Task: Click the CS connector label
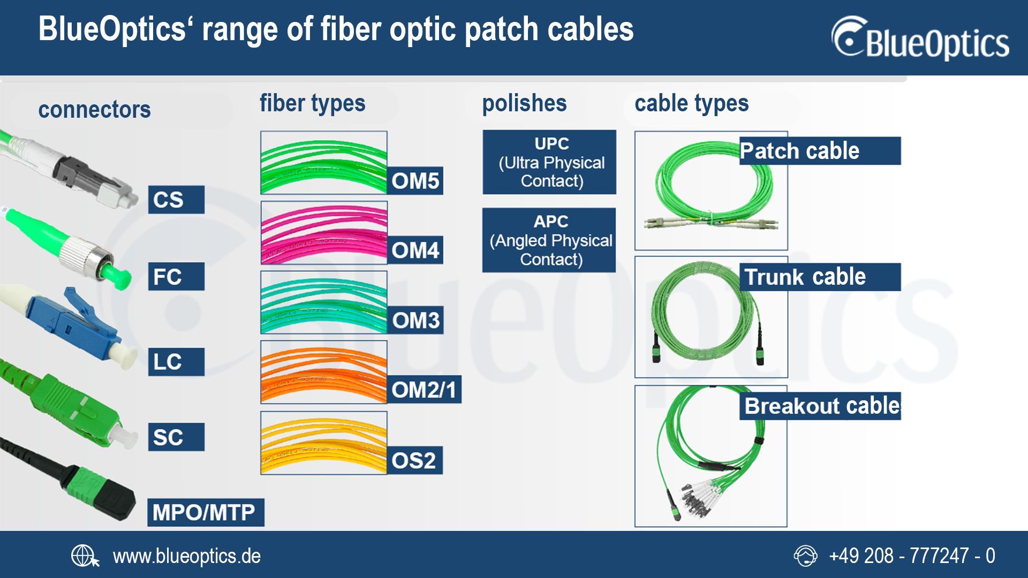click(176, 200)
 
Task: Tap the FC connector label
click(176, 277)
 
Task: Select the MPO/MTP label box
click(205, 512)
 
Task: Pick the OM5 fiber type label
click(415, 181)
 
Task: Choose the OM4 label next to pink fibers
click(415, 250)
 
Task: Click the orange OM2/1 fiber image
click(323, 372)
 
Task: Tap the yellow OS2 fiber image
click(323, 443)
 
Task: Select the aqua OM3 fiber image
click(323, 302)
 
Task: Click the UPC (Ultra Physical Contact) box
click(549, 162)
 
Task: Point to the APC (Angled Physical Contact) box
click(549, 240)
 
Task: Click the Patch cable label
click(819, 151)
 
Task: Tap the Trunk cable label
click(819, 277)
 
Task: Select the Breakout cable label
click(822, 406)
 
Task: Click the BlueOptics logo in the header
click(920, 39)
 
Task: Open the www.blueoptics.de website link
click(186, 557)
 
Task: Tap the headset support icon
click(805, 556)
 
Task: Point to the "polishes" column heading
click(524, 103)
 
